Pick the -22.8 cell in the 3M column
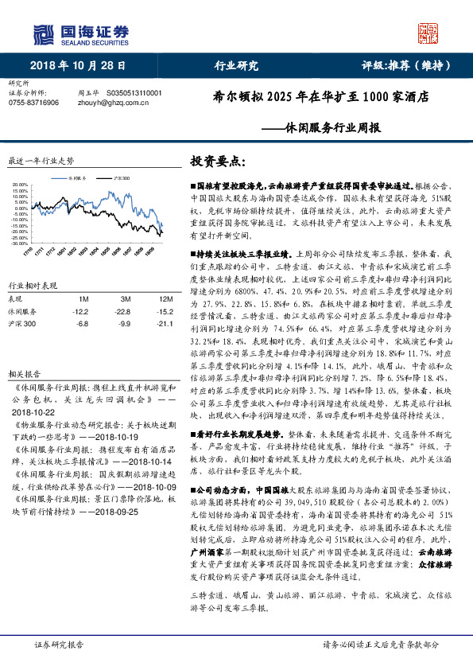coord(121,311)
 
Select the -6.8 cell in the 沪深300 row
coord(81,324)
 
